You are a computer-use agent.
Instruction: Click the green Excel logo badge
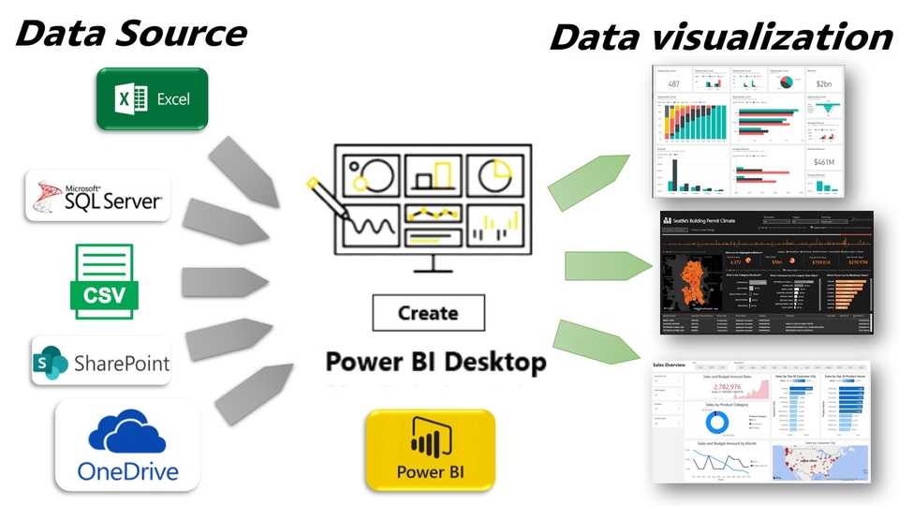click(x=151, y=98)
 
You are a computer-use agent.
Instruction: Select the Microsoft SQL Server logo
click(x=98, y=195)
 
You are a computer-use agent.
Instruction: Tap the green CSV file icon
click(x=104, y=281)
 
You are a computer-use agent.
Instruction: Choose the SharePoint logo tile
click(x=101, y=361)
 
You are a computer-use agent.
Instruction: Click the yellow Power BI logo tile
click(x=430, y=450)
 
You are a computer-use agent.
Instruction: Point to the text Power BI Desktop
click(x=435, y=361)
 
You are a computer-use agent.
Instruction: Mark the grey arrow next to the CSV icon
click(x=223, y=280)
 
